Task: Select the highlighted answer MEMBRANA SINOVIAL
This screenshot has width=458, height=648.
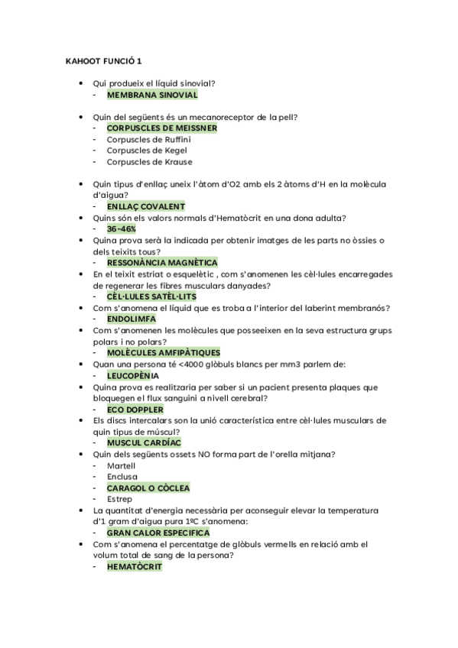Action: coord(152,95)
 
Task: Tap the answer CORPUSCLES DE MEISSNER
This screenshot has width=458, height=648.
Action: coord(161,128)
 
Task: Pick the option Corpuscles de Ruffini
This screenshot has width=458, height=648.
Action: coord(148,140)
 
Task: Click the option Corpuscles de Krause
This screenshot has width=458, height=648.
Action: coord(149,162)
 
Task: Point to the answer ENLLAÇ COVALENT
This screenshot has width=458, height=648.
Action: coord(145,206)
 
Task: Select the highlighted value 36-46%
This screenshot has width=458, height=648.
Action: coord(122,228)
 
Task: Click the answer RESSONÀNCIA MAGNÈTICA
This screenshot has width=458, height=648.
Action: coord(162,262)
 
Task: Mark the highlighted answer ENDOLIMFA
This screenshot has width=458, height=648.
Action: coord(132,319)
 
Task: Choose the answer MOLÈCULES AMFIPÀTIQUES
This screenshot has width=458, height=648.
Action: coord(163,352)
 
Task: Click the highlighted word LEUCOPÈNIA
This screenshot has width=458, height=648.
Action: coord(133,375)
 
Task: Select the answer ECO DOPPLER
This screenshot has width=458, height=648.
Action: coord(135,409)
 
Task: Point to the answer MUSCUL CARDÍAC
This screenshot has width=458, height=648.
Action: coord(144,442)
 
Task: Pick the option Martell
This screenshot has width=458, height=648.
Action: coord(122,465)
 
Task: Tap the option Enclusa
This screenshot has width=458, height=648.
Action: coord(122,476)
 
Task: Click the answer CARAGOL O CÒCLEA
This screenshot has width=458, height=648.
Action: coord(148,488)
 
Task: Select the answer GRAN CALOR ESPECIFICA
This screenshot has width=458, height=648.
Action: coord(158,533)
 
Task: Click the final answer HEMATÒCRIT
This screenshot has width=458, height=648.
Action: coord(135,566)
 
